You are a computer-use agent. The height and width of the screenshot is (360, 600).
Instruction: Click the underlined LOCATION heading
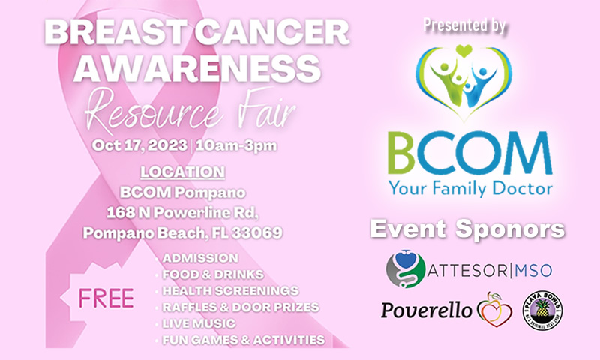click(x=182, y=172)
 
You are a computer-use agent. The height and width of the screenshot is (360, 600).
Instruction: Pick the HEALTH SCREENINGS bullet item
click(x=229, y=290)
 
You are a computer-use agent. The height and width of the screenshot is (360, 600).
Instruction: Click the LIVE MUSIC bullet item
click(x=199, y=323)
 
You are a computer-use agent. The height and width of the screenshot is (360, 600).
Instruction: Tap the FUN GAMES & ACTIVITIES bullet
click(x=244, y=340)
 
